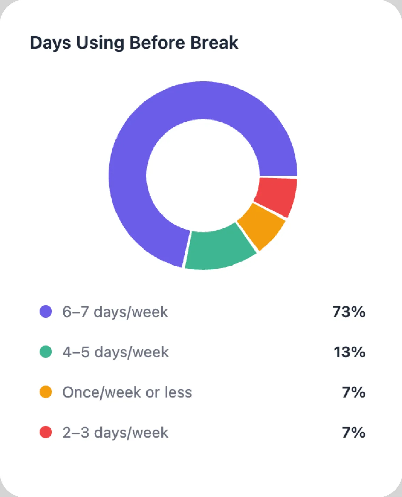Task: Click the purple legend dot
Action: (46, 311)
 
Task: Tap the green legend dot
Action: (46, 352)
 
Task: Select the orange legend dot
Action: (46, 392)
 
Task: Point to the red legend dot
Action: (46, 432)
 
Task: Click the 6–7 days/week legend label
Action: (115, 312)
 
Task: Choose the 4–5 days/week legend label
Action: (115, 352)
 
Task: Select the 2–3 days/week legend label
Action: (115, 433)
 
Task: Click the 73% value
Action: (349, 312)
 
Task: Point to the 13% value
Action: (349, 352)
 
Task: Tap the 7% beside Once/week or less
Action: (354, 392)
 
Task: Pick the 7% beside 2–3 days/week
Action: (354, 432)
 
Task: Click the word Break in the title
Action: (214, 43)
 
